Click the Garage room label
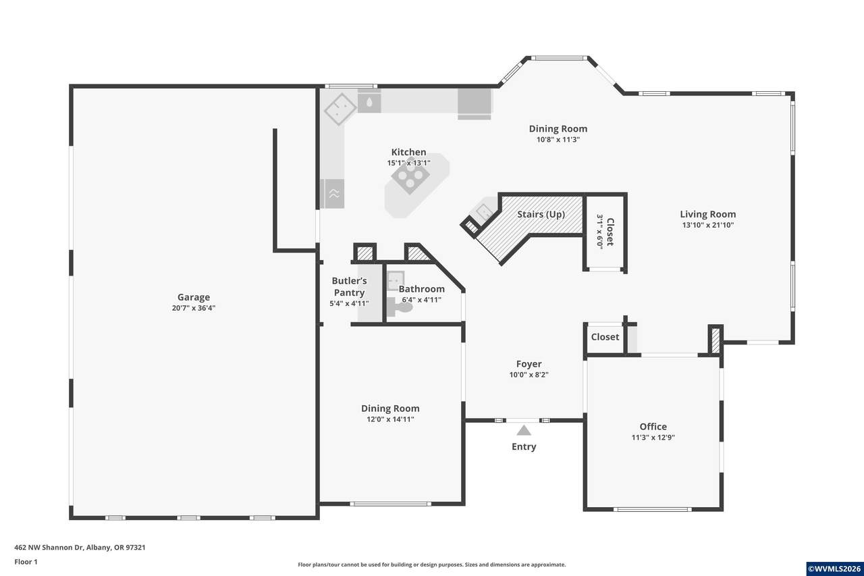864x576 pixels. click(194, 297)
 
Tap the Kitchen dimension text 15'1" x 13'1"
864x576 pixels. click(408, 163)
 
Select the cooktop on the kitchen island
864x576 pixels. click(410, 179)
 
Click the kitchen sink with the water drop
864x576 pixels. click(369, 102)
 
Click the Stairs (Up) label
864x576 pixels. click(541, 215)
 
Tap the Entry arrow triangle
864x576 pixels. click(523, 430)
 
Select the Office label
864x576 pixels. click(653, 426)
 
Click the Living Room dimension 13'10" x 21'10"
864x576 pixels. click(708, 225)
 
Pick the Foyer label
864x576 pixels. click(529, 364)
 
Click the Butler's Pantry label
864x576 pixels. click(349, 287)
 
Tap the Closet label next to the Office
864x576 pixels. click(605, 337)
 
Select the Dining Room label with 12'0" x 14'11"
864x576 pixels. click(390, 408)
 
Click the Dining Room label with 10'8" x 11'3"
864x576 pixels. click(558, 128)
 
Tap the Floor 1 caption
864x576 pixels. click(26, 562)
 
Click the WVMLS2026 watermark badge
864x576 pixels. click(834, 569)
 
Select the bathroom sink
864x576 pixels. click(396, 280)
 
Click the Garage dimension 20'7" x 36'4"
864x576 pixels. click(194, 308)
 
